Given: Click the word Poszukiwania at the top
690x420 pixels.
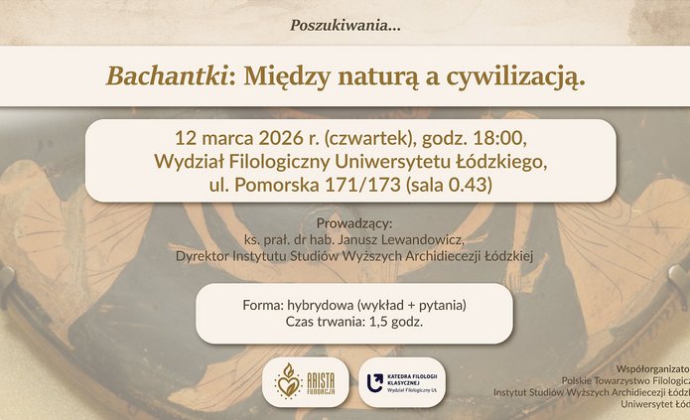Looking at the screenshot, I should click(343, 24).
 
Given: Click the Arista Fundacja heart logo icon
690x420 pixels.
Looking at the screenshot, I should click(288, 382).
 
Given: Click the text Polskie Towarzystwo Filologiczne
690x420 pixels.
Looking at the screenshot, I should click(625, 379).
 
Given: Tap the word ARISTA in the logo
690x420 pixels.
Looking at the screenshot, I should click(323, 377).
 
